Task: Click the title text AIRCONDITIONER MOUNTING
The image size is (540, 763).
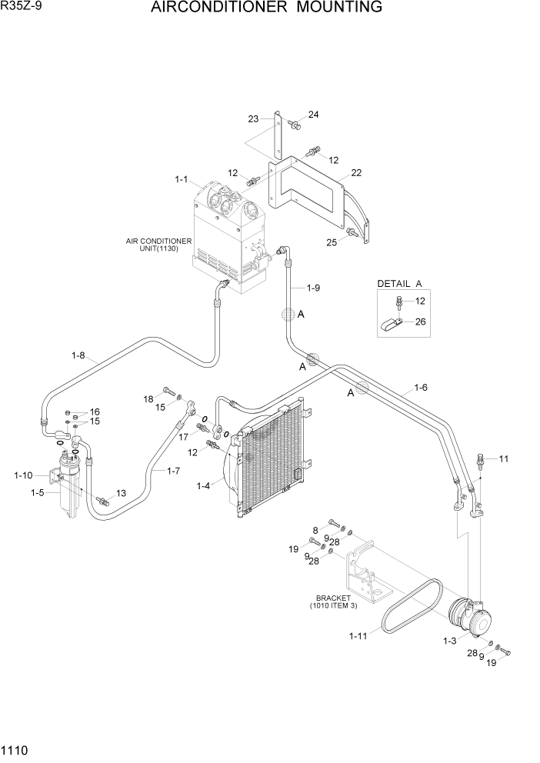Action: [x=266, y=8]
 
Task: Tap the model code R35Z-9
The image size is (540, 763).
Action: [x=22, y=7]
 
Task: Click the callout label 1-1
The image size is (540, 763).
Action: [x=182, y=179]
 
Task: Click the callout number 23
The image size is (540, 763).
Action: [x=253, y=118]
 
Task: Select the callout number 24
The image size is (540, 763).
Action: [x=313, y=115]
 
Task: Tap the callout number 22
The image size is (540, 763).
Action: [x=355, y=172]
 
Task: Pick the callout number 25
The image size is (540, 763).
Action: [x=332, y=242]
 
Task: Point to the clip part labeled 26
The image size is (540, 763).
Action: [x=390, y=326]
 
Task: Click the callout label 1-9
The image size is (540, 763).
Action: [x=312, y=288]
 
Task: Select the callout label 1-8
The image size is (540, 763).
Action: [x=78, y=355]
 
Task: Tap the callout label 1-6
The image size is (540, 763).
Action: [x=421, y=387]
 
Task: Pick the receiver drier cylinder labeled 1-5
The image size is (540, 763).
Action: [x=69, y=492]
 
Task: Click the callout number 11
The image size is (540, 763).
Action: [x=504, y=459]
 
